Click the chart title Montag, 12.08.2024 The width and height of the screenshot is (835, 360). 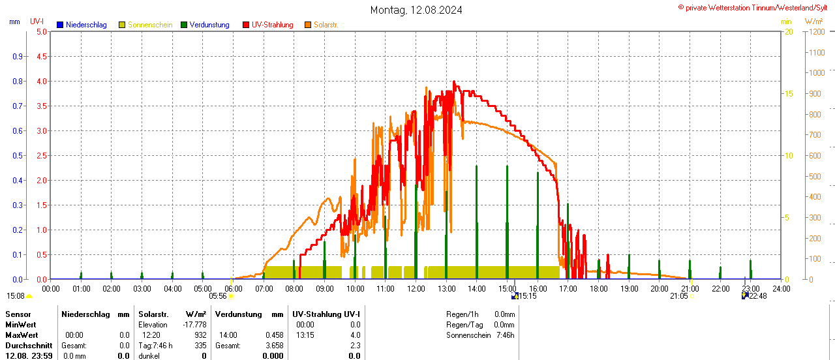point(416,10)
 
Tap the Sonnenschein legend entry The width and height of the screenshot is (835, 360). point(145,25)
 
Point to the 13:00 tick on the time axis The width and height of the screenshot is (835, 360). point(446,288)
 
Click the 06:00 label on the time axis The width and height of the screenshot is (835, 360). point(234,288)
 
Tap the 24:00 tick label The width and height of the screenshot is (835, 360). point(781,288)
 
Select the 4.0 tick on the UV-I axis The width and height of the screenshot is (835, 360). point(41,81)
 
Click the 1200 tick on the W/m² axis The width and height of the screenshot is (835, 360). point(815,31)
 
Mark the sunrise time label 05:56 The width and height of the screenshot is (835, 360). point(218,296)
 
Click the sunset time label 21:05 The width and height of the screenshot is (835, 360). point(678,296)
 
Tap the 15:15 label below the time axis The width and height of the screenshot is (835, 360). point(527,296)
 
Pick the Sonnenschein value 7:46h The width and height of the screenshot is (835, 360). point(504,335)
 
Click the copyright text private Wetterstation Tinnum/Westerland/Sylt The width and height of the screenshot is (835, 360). point(756,7)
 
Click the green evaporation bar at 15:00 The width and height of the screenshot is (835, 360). point(507,222)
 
